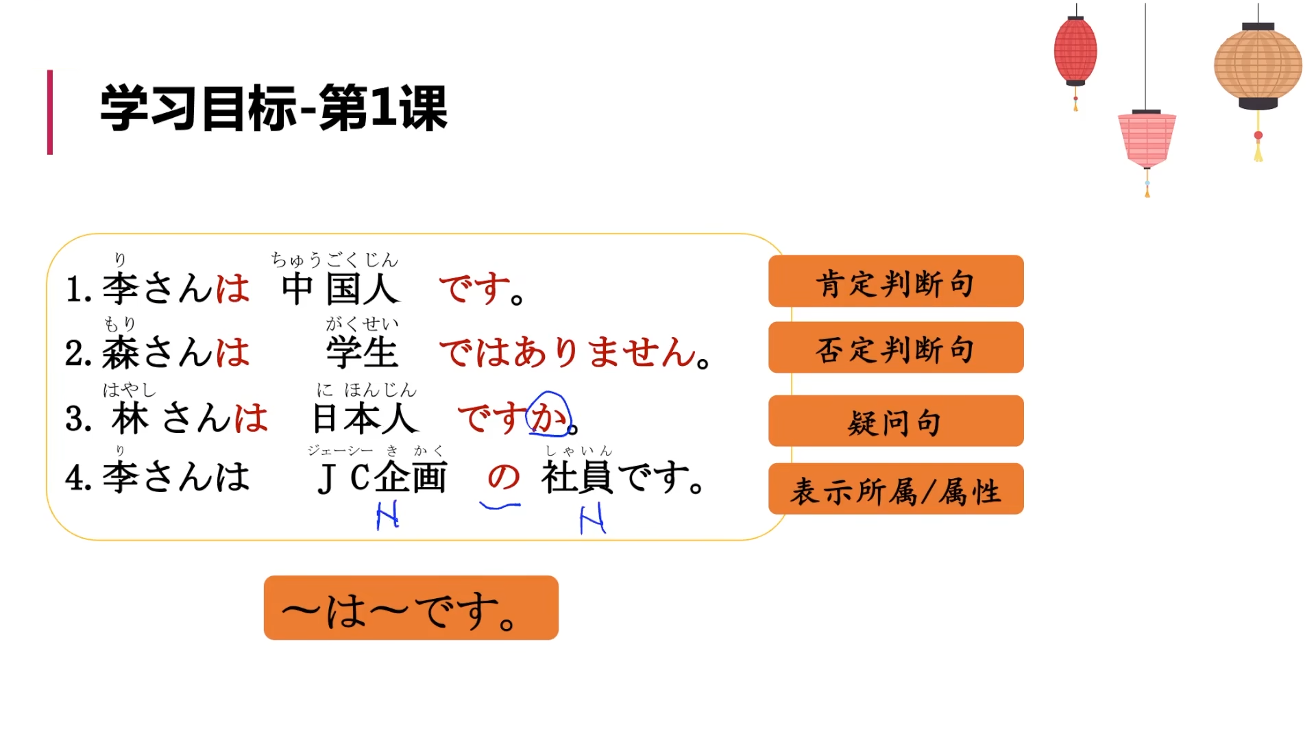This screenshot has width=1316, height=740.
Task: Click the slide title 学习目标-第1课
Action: pyautogui.click(x=274, y=108)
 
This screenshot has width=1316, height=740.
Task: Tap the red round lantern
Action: pyautogui.click(x=1075, y=52)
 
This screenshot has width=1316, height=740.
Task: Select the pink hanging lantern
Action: pyautogui.click(x=1147, y=138)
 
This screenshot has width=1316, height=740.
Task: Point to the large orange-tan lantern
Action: pyautogui.click(x=1258, y=66)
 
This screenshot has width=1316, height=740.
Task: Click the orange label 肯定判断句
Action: pyautogui.click(x=895, y=282)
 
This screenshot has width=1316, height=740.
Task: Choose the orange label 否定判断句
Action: pyautogui.click(x=895, y=348)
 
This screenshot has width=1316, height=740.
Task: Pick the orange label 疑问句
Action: pyautogui.click(x=895, y=421)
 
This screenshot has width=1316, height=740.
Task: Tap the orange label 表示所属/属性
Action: pyautogui.click(x=895, y=489)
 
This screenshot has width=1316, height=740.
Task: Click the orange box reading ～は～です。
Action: pyautogui.click(x=411, y=608)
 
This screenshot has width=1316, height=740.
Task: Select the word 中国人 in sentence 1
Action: pyautogui.click(x=341, y=288)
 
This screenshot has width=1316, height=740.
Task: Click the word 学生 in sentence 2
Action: pyautogui.click(x=361, y=353)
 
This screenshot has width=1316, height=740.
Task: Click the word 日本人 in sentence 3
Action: pyautogui.click(x=364, y=418)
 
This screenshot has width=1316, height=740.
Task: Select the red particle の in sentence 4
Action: pyautogui.click(x=503, y=477)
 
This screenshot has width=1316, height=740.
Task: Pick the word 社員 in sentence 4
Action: pyautogui.click(x=576, y=478)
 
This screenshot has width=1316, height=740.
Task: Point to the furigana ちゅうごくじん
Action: pyautogui.click(x=334, y=260)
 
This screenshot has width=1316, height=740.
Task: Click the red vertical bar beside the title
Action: pyautogui.click(x=50, y=112)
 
